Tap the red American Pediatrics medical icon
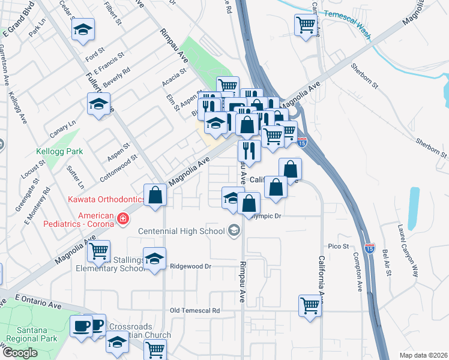(x=123, y=219)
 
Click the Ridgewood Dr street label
(x=191, y=266)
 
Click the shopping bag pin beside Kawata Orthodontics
(x=155, y=194)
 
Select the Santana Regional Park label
(x=28, y=342)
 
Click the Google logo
(x=19, y=353)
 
